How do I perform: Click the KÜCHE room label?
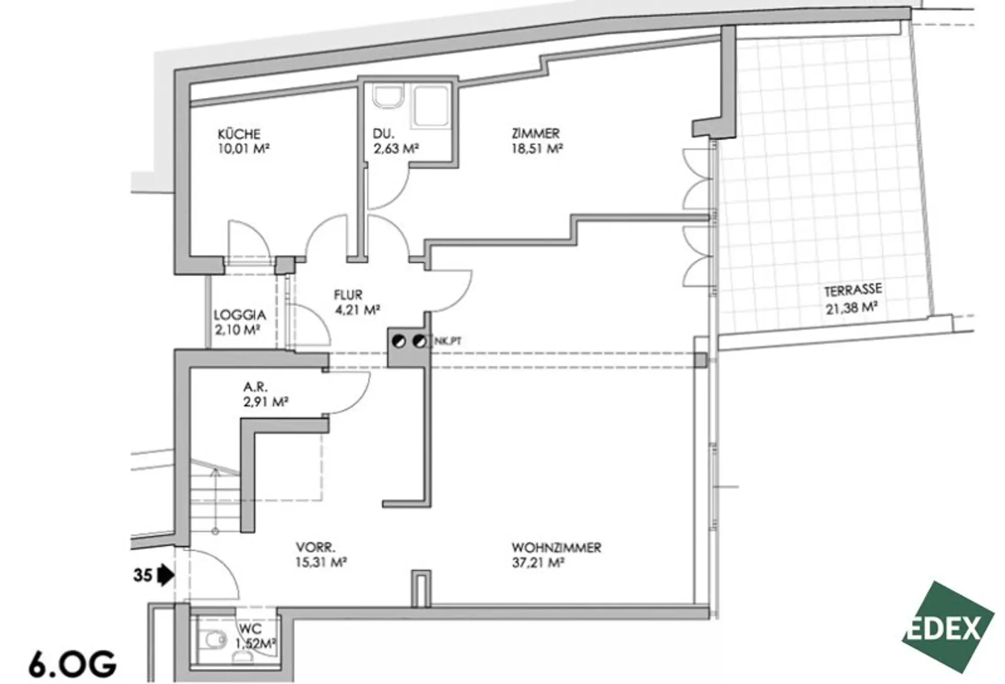(239, 134)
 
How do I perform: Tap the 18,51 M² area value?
(537, 149)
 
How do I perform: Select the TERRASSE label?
(853, 290)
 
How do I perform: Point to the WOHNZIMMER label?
(556, 548)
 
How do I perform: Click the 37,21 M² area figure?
(538, 563)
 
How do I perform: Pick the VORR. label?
(316, 548)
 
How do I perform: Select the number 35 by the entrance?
(142, 576)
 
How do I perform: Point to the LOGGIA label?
(240, 315)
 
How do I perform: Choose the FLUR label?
(348, 295)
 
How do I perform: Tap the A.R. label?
(255, 388)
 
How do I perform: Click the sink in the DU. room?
(388, 97)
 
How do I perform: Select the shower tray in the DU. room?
(431, 107)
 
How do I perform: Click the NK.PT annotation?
(448, 341)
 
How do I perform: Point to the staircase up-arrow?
(215, 474)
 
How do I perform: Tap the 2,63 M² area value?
(396, 149)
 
